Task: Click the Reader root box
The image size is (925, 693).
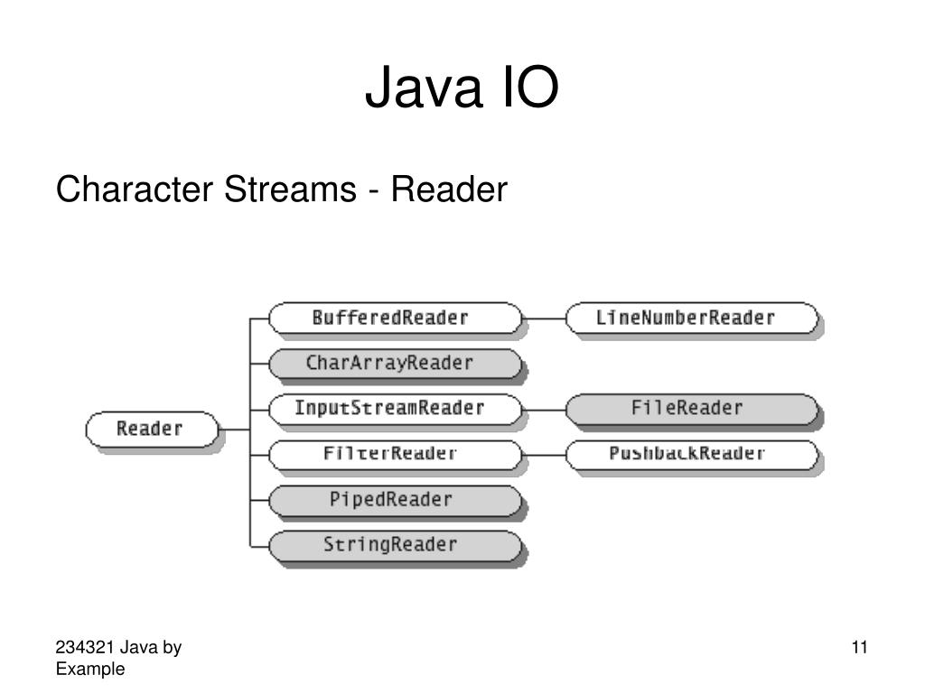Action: (x=152, y=429)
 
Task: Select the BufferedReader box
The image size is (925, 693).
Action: (x=396, y=319)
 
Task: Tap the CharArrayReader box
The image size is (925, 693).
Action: (x=396, y=364)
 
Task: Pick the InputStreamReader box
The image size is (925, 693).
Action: (x=396, y=409)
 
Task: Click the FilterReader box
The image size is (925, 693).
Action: (x=396, y=455)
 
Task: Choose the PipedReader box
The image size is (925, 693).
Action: (x=396, y=500)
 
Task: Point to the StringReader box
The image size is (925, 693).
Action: (x=396, y=546)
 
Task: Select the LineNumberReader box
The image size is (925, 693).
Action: (x=692, y=319)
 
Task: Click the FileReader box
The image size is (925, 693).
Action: (x=692, y=409)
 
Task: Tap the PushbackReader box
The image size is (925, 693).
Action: (x=692, y=455)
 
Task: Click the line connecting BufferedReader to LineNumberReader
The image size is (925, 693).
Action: (x=544, y=319)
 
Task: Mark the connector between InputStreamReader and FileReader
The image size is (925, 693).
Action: (x=544, y=410)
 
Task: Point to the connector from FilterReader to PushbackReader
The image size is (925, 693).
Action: (x=544, y=455)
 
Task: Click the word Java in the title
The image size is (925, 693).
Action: (x=424, y=88)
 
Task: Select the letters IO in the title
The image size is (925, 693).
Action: (x=530, y=88)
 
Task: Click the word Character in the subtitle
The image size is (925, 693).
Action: (x=135, y=189)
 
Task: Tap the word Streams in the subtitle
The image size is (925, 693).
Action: (x=290, y=189)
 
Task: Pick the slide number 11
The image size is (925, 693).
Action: (x=860, y=647)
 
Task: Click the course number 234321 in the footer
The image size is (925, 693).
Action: (x=85, y=647)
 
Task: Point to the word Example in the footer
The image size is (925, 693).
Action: (x=90, y=669)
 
